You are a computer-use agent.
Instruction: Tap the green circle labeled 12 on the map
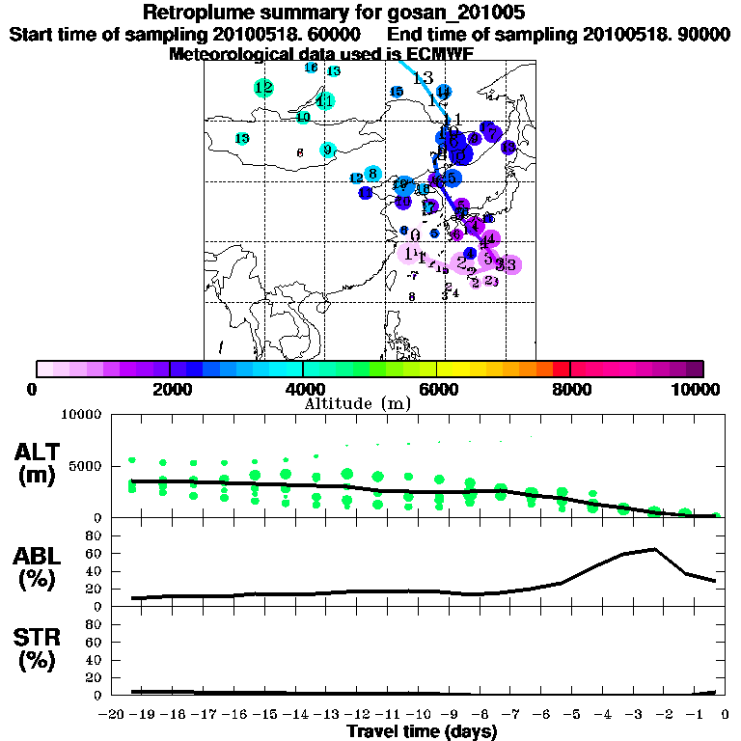tap(263, 88)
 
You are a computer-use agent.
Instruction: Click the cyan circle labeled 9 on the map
tap(328, 150)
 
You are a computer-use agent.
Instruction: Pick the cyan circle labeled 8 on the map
tap(372, 174)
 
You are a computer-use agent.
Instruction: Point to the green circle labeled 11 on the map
tap(325, 101)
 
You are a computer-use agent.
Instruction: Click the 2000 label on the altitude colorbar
tap(169, 390)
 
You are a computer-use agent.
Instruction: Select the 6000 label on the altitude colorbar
tap(436, 390)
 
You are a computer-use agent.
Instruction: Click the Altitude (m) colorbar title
tap(356, 402)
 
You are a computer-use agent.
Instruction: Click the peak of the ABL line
tap(654, 549)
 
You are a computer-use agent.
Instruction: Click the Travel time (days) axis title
tap(422, 732)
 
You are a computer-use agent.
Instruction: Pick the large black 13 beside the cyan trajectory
tap(423, 78)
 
